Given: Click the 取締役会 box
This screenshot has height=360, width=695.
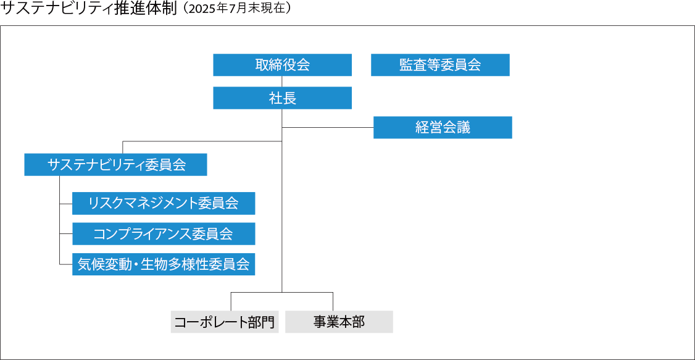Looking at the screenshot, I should (282, 65).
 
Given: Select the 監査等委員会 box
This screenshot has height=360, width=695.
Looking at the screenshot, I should (440, 65).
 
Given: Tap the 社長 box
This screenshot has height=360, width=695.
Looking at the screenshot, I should (282, 98).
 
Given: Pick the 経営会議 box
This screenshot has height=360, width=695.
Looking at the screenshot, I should (443, 127).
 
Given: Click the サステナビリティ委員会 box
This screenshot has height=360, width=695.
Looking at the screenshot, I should (115, 164).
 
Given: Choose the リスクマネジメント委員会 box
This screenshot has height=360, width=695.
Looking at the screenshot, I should (164, 203).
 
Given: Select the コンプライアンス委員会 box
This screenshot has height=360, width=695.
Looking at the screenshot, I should (164, 234).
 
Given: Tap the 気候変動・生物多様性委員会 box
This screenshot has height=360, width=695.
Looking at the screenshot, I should (164, 264).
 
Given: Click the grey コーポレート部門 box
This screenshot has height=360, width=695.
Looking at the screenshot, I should (225, 322).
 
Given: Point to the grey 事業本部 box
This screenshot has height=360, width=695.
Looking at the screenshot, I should (339, 322).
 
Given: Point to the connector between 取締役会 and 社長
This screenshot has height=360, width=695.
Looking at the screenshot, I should (282, 82).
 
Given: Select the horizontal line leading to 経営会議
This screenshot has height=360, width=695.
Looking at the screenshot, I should (328, 128).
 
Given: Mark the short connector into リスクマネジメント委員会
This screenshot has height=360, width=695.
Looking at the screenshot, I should (66, 203).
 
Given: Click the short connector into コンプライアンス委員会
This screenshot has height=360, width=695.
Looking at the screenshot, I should (66, 234).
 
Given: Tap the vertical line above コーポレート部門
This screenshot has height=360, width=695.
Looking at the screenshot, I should (231, 301).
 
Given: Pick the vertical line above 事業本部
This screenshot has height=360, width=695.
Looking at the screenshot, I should (333, 301).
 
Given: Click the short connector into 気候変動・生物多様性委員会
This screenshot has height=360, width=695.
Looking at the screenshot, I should (66, 264).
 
